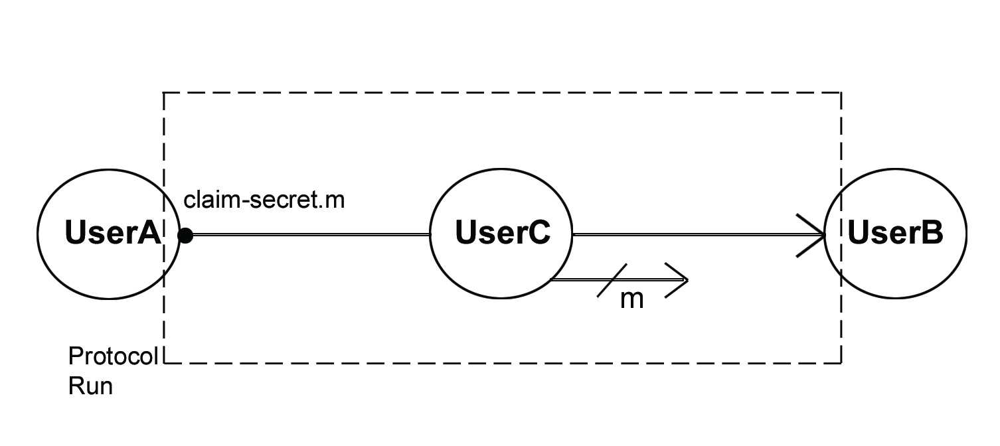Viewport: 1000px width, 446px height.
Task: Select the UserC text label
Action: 503,233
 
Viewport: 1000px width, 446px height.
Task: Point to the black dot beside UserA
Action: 186,235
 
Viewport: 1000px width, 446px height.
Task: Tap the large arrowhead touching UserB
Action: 811,234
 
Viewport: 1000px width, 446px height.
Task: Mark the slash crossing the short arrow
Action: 612,280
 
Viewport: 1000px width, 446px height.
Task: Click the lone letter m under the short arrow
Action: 631,299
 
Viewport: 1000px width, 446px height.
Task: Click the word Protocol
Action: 113,356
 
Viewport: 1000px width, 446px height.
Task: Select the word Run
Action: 90,386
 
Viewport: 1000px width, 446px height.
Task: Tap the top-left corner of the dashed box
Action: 164,93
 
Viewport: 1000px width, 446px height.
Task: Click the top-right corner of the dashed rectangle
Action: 841,93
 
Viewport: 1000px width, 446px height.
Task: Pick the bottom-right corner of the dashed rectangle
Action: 841,362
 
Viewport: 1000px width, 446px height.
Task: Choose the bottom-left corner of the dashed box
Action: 164,362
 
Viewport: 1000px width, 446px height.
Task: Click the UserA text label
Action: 113,233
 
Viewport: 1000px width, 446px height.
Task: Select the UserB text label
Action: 895,233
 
